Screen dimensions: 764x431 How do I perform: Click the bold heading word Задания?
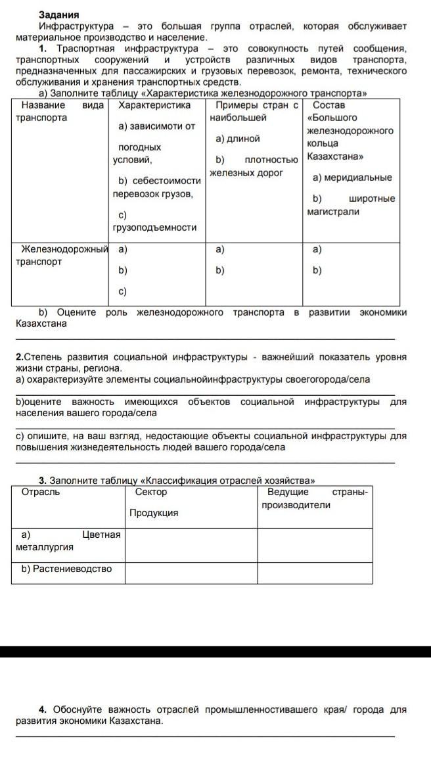(x=58, y=14)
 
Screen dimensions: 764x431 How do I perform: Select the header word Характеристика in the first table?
(x=154, y=105)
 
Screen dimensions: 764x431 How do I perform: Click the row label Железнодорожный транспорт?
(x=63, y=255)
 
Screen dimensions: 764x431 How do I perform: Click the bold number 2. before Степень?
(x=20, y=357)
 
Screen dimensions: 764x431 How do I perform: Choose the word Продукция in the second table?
(x=154, y=513)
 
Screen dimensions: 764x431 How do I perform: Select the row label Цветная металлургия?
(x=67, y=540)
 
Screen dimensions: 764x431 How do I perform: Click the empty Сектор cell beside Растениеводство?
(x=191, y=573)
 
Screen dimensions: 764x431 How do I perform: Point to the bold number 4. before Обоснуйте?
(x=43, y=709)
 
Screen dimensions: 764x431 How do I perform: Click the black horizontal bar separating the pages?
(x=215, y=652)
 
